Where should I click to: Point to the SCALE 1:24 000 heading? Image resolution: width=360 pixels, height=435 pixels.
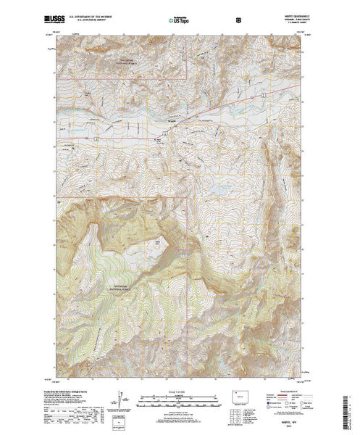179,389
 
